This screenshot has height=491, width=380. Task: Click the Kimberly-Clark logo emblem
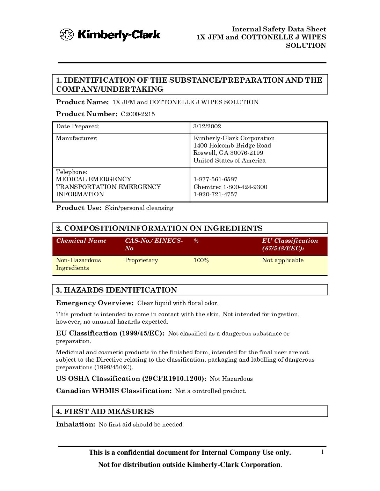(66, 35)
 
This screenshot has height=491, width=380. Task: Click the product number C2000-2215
(138, 114)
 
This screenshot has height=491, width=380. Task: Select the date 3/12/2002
(207, 127)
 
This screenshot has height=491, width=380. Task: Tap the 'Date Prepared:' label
(78, 127)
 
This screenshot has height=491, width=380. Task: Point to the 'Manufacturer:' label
(76, 138)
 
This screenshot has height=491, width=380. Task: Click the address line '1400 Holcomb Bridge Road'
(232, 145)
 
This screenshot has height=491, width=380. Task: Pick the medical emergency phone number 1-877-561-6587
(215, 179)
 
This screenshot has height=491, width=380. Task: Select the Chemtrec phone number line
(231, 187)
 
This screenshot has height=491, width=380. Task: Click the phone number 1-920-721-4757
(215, 194)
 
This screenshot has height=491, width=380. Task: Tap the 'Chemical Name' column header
(81, 241)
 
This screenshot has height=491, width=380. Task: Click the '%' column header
(196, 241)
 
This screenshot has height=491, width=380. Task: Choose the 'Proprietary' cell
(141, 260)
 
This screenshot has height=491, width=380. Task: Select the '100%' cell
(201, 260)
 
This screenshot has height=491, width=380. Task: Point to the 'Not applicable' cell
(283, 260)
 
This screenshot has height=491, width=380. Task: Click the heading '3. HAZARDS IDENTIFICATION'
(117, 290)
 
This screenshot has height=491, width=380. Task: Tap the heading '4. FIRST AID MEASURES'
(105, 411)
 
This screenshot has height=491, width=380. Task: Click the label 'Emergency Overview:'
(95, 303)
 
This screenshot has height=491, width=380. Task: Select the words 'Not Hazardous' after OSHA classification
(231, 379)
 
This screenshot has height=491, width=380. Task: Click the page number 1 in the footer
(322, 452)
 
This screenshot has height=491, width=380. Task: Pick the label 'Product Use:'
(79, 208)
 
